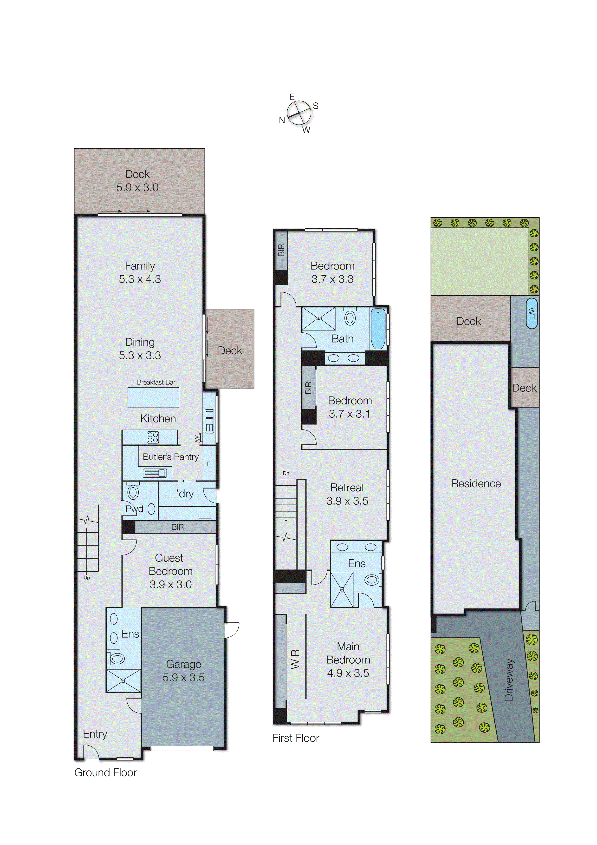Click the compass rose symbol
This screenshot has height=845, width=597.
299,113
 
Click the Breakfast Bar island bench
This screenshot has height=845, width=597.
153,397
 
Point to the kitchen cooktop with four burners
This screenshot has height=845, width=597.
153,437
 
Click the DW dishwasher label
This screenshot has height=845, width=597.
198,437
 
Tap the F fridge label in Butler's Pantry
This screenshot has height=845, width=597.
208,464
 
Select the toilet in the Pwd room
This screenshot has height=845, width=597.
133,492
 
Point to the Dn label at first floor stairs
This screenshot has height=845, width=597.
286,473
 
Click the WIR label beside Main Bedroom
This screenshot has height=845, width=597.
295,659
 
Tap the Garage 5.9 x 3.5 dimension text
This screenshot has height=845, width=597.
183,678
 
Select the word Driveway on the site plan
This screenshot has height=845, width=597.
509,679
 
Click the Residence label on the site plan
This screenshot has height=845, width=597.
476,484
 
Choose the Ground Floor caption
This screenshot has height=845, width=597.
106,772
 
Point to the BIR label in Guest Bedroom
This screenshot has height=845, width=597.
177,527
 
